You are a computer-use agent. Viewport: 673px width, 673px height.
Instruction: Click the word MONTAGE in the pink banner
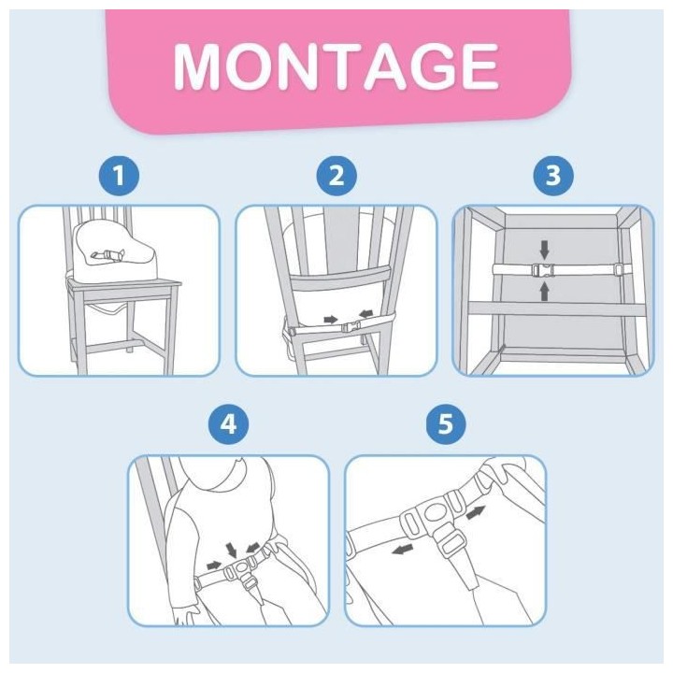pyautogui.click(x=336, y=66)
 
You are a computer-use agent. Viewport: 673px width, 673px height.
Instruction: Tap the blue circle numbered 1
pyautogui.click(x=119, y=176)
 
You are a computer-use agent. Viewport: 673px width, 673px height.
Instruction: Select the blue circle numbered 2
pyautogui.click(x=336, y=176)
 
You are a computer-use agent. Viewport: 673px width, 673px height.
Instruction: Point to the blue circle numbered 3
pyautogui.click(x=553, y=176)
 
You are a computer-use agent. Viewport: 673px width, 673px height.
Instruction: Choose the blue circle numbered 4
pyautogui.click(x=228, y=424)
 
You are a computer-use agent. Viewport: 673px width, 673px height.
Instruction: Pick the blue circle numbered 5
pyautogui.click(x=446, y=424)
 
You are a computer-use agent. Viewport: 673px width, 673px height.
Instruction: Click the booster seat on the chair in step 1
pyautogui.click(x=115, y=249)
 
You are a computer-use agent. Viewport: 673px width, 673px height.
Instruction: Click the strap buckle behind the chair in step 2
pyautogui.click(x=352, y=327)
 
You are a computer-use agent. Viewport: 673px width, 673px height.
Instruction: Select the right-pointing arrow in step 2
pyautogui.click(x=330, y=319)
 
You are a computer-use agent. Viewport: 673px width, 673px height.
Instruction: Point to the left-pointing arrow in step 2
pyautogui.click(x=366, y=315)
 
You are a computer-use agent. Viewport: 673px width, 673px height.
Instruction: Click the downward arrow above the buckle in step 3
pyautogui.click(x=545, y=250)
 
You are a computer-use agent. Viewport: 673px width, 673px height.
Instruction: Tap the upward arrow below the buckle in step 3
pyautogui.click(x=545, y=291)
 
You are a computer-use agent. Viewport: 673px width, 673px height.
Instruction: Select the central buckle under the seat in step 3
pyautogui.click(x=543, y=270)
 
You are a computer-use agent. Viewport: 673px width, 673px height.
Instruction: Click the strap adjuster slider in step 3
pyautogui.click(x=618, y=269)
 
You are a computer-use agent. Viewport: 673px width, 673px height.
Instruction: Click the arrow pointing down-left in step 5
pyautogui.click(x=403, y=549)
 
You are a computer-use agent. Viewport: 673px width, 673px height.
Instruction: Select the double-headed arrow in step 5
pyautogui.click(x=476, y=512)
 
